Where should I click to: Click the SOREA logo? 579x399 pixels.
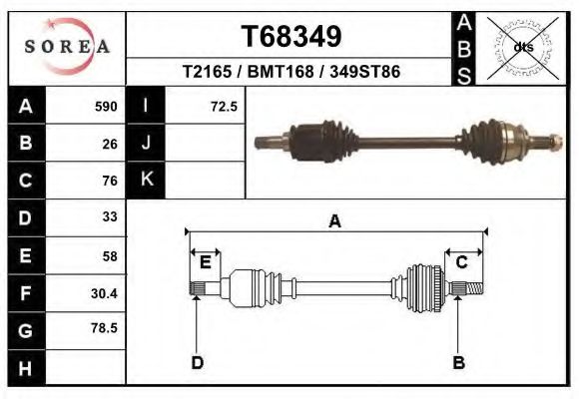pos(67,47)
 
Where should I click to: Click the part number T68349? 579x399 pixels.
pos(291,37)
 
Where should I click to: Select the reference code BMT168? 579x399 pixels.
pos(291,73)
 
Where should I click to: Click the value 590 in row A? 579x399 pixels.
pos(106,106)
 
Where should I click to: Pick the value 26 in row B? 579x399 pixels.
pos(109,143)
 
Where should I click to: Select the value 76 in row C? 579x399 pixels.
pos(109,181)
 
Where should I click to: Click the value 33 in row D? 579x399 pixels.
pos(109,216)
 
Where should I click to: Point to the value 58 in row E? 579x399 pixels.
pos(109,254)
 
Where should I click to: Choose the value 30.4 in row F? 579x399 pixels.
pos(105,292)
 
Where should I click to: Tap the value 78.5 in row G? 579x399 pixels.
pos(105,327)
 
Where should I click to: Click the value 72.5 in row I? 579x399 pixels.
pos(224,106)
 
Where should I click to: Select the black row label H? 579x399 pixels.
pos(25,367)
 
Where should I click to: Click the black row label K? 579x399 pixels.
pos(146,180)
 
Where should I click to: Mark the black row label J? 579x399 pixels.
pos(146,143)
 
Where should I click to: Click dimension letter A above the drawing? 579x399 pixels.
pos(335,221)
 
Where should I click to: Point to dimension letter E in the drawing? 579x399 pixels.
pos(205,262)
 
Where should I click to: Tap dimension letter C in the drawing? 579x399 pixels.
pos(462,262)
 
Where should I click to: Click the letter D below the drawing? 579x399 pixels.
pos(197,362)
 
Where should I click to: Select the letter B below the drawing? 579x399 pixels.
pos(458,362)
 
